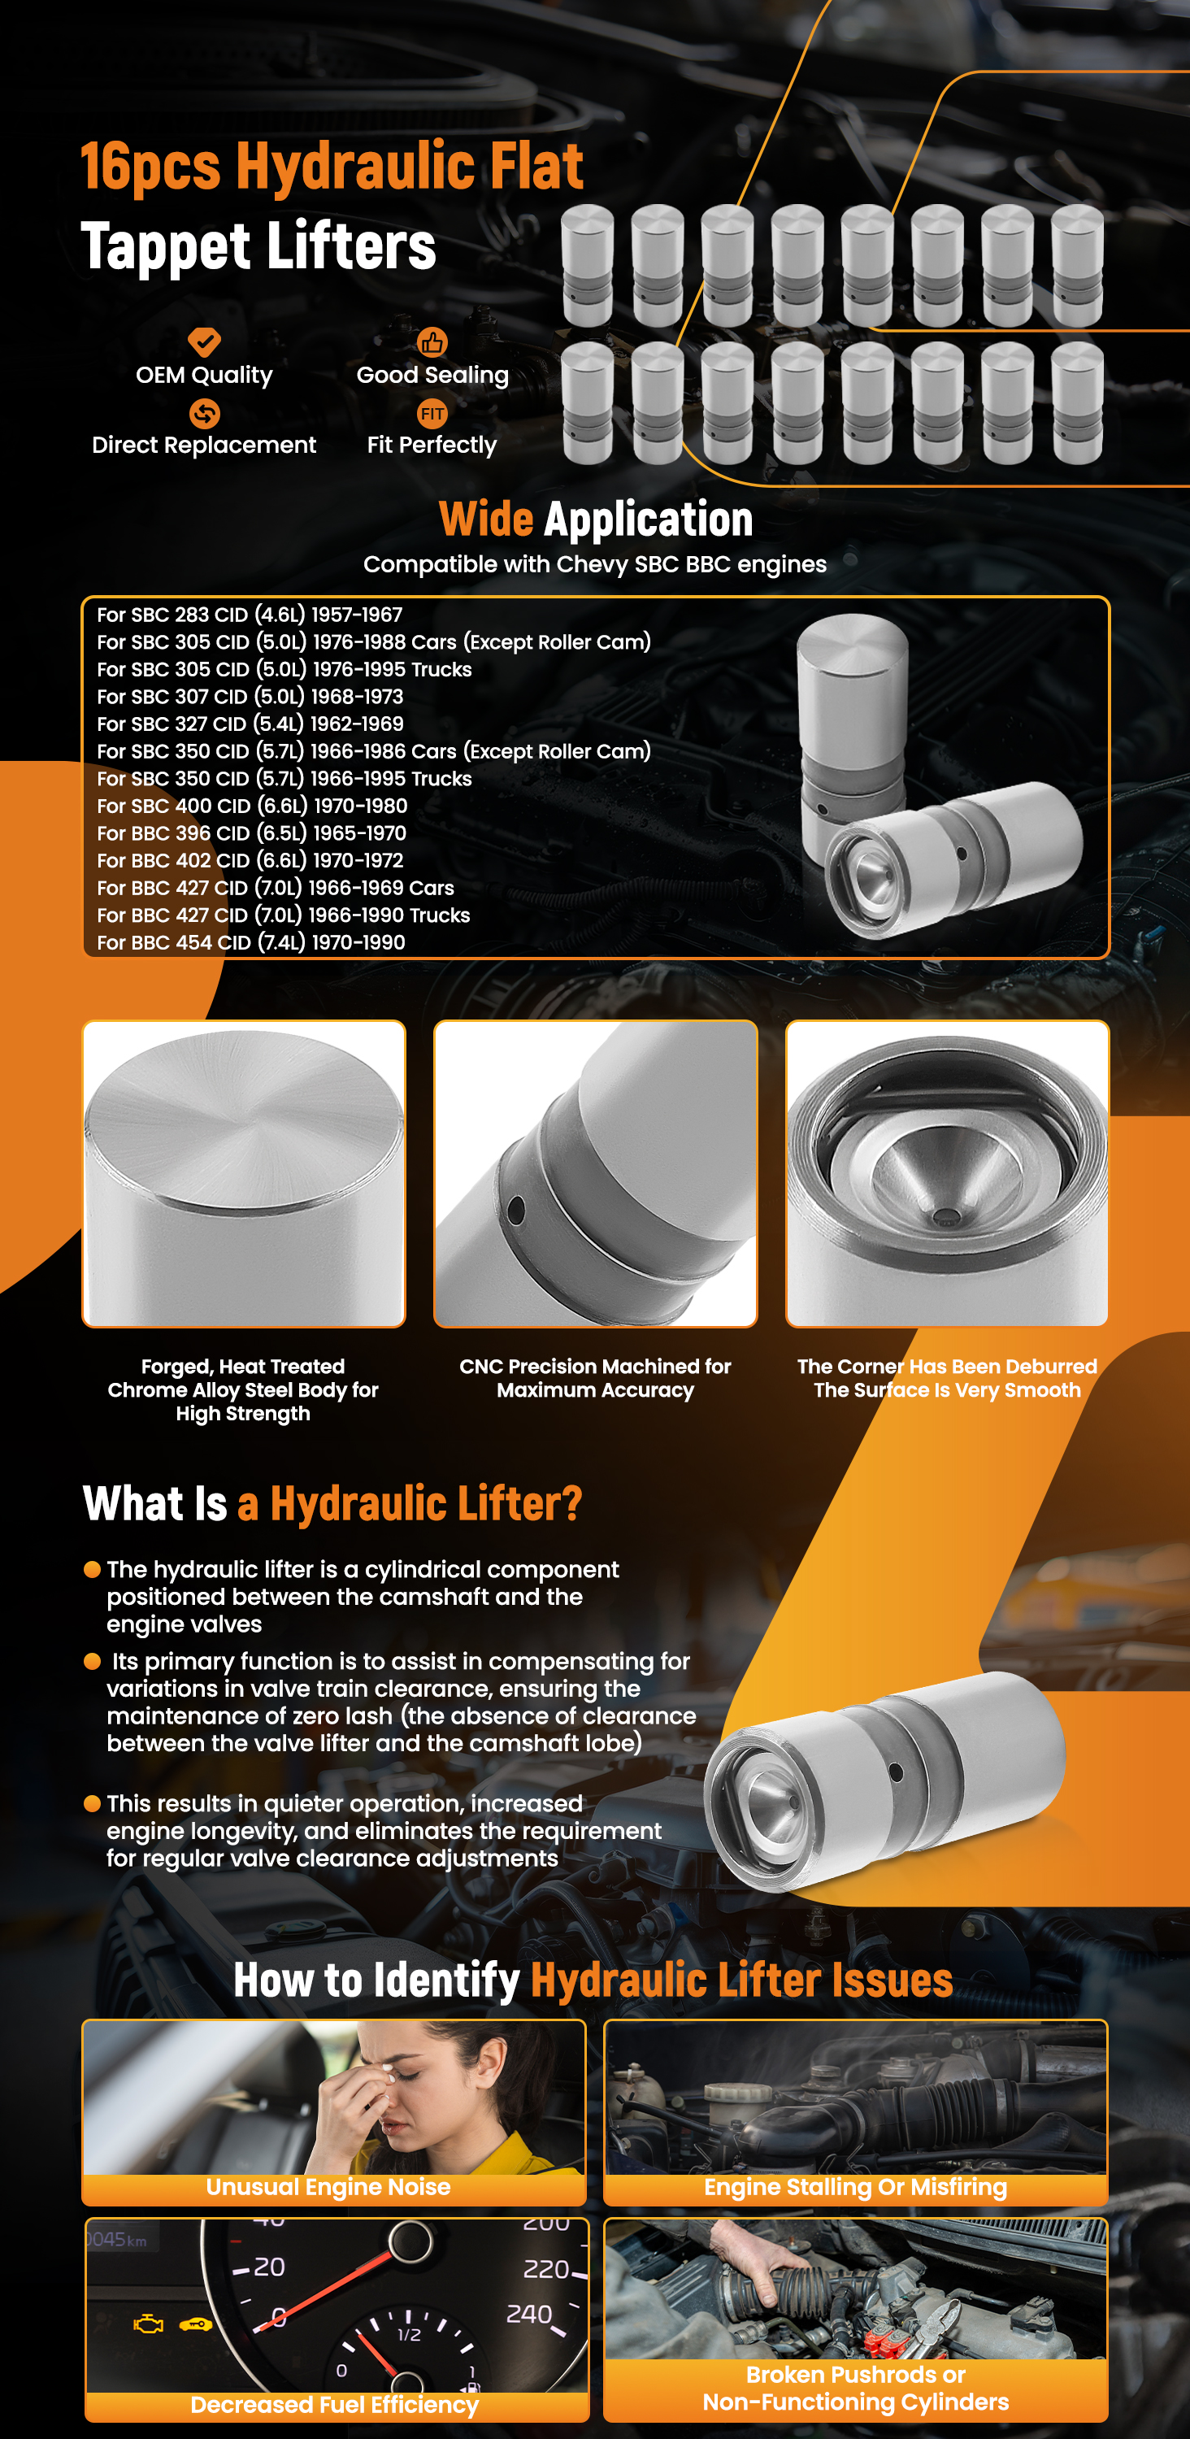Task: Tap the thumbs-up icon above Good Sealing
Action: click(x=432, y=341)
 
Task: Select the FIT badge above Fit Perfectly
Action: click(x=432, y=413)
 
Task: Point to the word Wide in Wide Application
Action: click(x=487, y=519)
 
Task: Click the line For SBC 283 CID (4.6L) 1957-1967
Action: click(x=250, y=615)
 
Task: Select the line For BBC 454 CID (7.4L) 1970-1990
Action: click(x=251, y=943)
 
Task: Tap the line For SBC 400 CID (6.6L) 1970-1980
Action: click(x=252, y=806)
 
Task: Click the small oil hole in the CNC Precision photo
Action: click(x=516, y=1209)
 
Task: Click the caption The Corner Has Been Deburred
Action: click(x=948, y=1367)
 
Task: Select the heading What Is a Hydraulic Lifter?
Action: click(x=332, y=1502)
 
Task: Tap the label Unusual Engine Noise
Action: click(x=328, y=2187)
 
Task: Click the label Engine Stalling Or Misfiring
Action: click(x=856, y=2187)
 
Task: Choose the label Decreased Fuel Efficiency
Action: click(x=334, y=2405)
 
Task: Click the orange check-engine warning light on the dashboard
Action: click(x=148, y=2324)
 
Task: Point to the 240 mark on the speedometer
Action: click(x=529, y=2314)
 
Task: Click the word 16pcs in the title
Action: click(x=150, y=167)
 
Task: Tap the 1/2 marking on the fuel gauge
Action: click(x=409, y=2335)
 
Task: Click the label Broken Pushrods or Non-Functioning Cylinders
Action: click(x=856, y=2388)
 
